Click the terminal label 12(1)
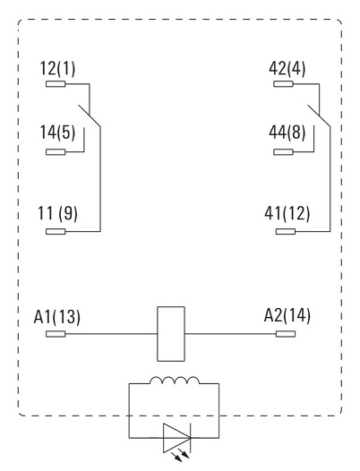[57, 68]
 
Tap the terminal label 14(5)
[57, 133]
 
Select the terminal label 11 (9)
[57, 214]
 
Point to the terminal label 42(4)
[287, 68]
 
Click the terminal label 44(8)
[287, 133]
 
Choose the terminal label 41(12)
[287, 214]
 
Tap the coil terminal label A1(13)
[57, 317]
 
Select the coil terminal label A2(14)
[287, 316]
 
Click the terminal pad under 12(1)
[56, 84]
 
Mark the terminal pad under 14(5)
[56, 152]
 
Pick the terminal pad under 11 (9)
[56, 231]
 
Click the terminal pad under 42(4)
[283, 84]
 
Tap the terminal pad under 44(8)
[283, 152]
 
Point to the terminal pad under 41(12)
[286, 231]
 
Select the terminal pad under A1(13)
[56, 334]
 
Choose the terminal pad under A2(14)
[286, 334]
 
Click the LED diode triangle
[164, 438]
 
